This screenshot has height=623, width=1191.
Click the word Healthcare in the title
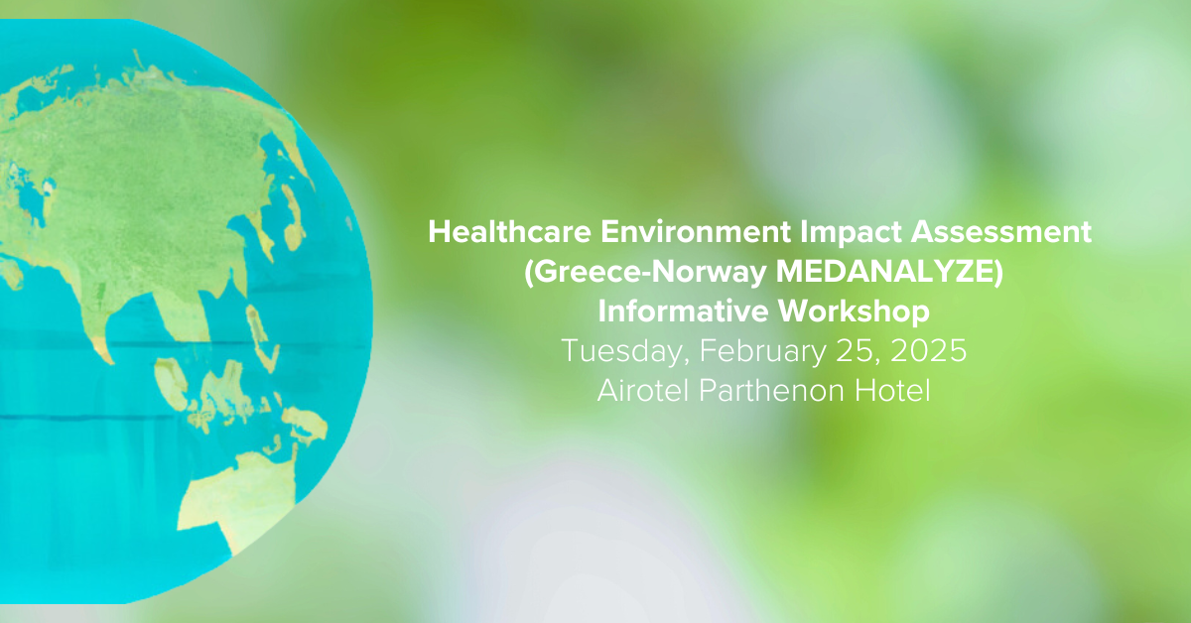click(x=509, y=232)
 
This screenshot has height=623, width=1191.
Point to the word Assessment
click(x=1001, y=232)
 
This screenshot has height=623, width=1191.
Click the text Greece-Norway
click(x=645, y=272)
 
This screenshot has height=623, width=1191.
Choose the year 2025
click(x=928, y=351)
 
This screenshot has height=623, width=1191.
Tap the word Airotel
click(x=643, y=391)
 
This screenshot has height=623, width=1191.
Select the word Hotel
click(x=892, y=391)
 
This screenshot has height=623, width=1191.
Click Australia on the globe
click(x=239, y=500)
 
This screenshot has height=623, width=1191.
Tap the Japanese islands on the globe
click(x=292, y=217)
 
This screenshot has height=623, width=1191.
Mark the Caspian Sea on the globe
click(x=31, y=199)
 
